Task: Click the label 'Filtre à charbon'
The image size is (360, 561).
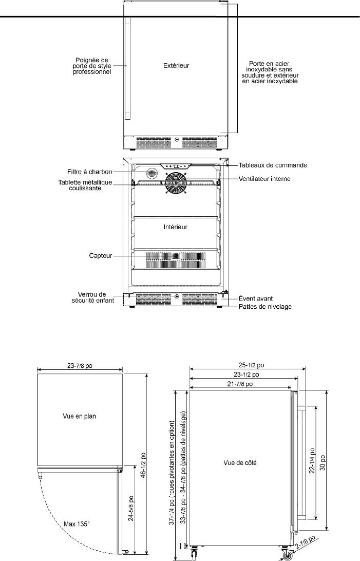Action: click(89, 172)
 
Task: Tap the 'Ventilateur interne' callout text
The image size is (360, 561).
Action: click(264, 178)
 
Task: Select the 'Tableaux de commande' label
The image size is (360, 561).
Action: click(273, 165)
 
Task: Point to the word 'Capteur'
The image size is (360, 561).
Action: click(101, 256)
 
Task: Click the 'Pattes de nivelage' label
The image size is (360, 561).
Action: click(265, 307)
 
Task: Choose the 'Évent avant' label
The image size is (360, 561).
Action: click(256, 298)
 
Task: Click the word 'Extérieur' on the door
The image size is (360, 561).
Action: click(176, 65)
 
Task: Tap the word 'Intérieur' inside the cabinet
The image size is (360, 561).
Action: click(176, 227)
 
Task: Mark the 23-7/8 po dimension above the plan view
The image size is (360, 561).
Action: click(80, 366)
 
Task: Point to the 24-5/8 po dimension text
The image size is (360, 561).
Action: click(131, 509)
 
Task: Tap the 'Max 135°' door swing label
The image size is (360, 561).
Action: click(77, 524)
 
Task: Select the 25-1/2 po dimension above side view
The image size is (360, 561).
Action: click(251, 365)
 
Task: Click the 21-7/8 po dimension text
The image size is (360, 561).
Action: click(240, 384)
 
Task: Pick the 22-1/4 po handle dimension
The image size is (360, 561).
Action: click(312, 461)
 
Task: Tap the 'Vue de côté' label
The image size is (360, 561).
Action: click(240, 462)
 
